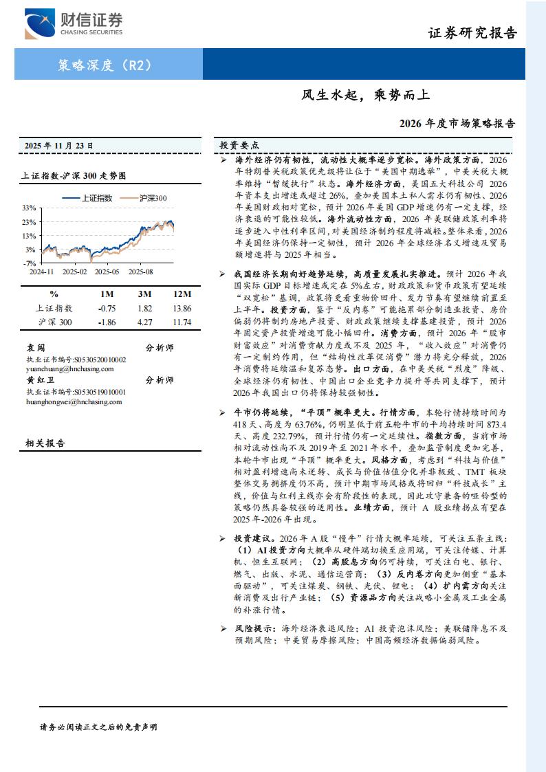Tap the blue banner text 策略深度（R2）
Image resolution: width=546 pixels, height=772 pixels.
pos(105,66)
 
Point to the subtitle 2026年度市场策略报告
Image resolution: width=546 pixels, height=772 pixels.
pos(457,124)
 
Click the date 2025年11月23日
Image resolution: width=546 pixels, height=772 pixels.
pos(59,146)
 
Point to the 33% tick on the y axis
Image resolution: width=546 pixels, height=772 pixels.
pos(29,208)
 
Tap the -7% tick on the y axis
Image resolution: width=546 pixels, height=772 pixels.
pos(29,263)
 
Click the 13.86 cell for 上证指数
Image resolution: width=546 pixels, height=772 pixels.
pos(182,309)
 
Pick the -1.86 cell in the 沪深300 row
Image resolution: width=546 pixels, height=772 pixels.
pos(107,322)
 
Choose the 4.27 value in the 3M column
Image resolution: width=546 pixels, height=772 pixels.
pos(145,322)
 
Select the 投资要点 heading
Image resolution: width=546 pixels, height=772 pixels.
pos(239,146)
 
